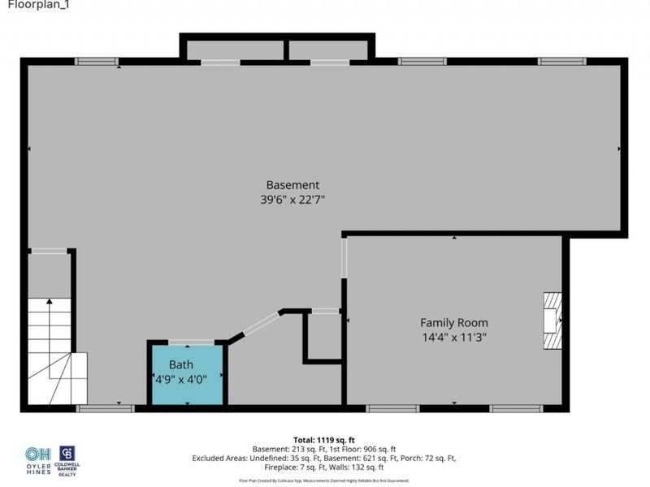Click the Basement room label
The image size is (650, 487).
tap(292, 184)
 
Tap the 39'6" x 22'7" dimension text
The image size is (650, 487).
tap(292, 199)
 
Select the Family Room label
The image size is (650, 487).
tap(453, 322)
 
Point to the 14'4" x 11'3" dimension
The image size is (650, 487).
tap(453, 337)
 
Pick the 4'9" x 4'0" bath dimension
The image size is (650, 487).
tap(188, 378)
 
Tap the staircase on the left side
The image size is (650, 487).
tap(50, 349)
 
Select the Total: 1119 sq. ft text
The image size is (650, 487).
tap(326, 438)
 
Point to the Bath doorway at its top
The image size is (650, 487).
tap(191, 343)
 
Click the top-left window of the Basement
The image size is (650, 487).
tap(97, 62)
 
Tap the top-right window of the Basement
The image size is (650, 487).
tap(562, 62)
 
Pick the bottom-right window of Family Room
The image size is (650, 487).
tap(510, 407)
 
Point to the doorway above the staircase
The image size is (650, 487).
tap(50, 252)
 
